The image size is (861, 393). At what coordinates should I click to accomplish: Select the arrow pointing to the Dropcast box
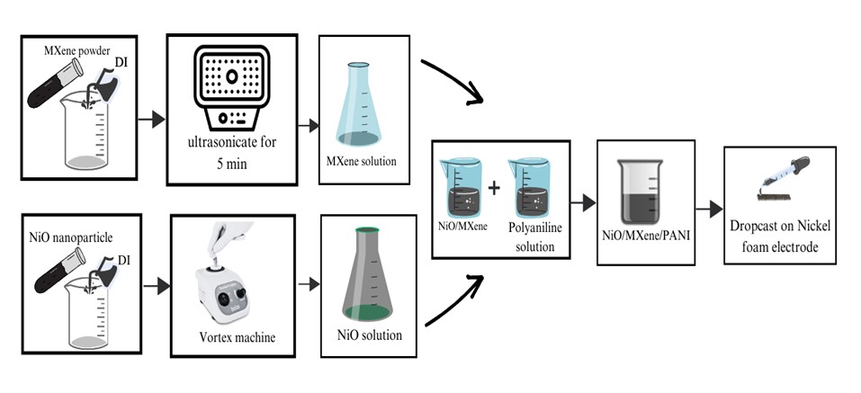coord(714,209)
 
